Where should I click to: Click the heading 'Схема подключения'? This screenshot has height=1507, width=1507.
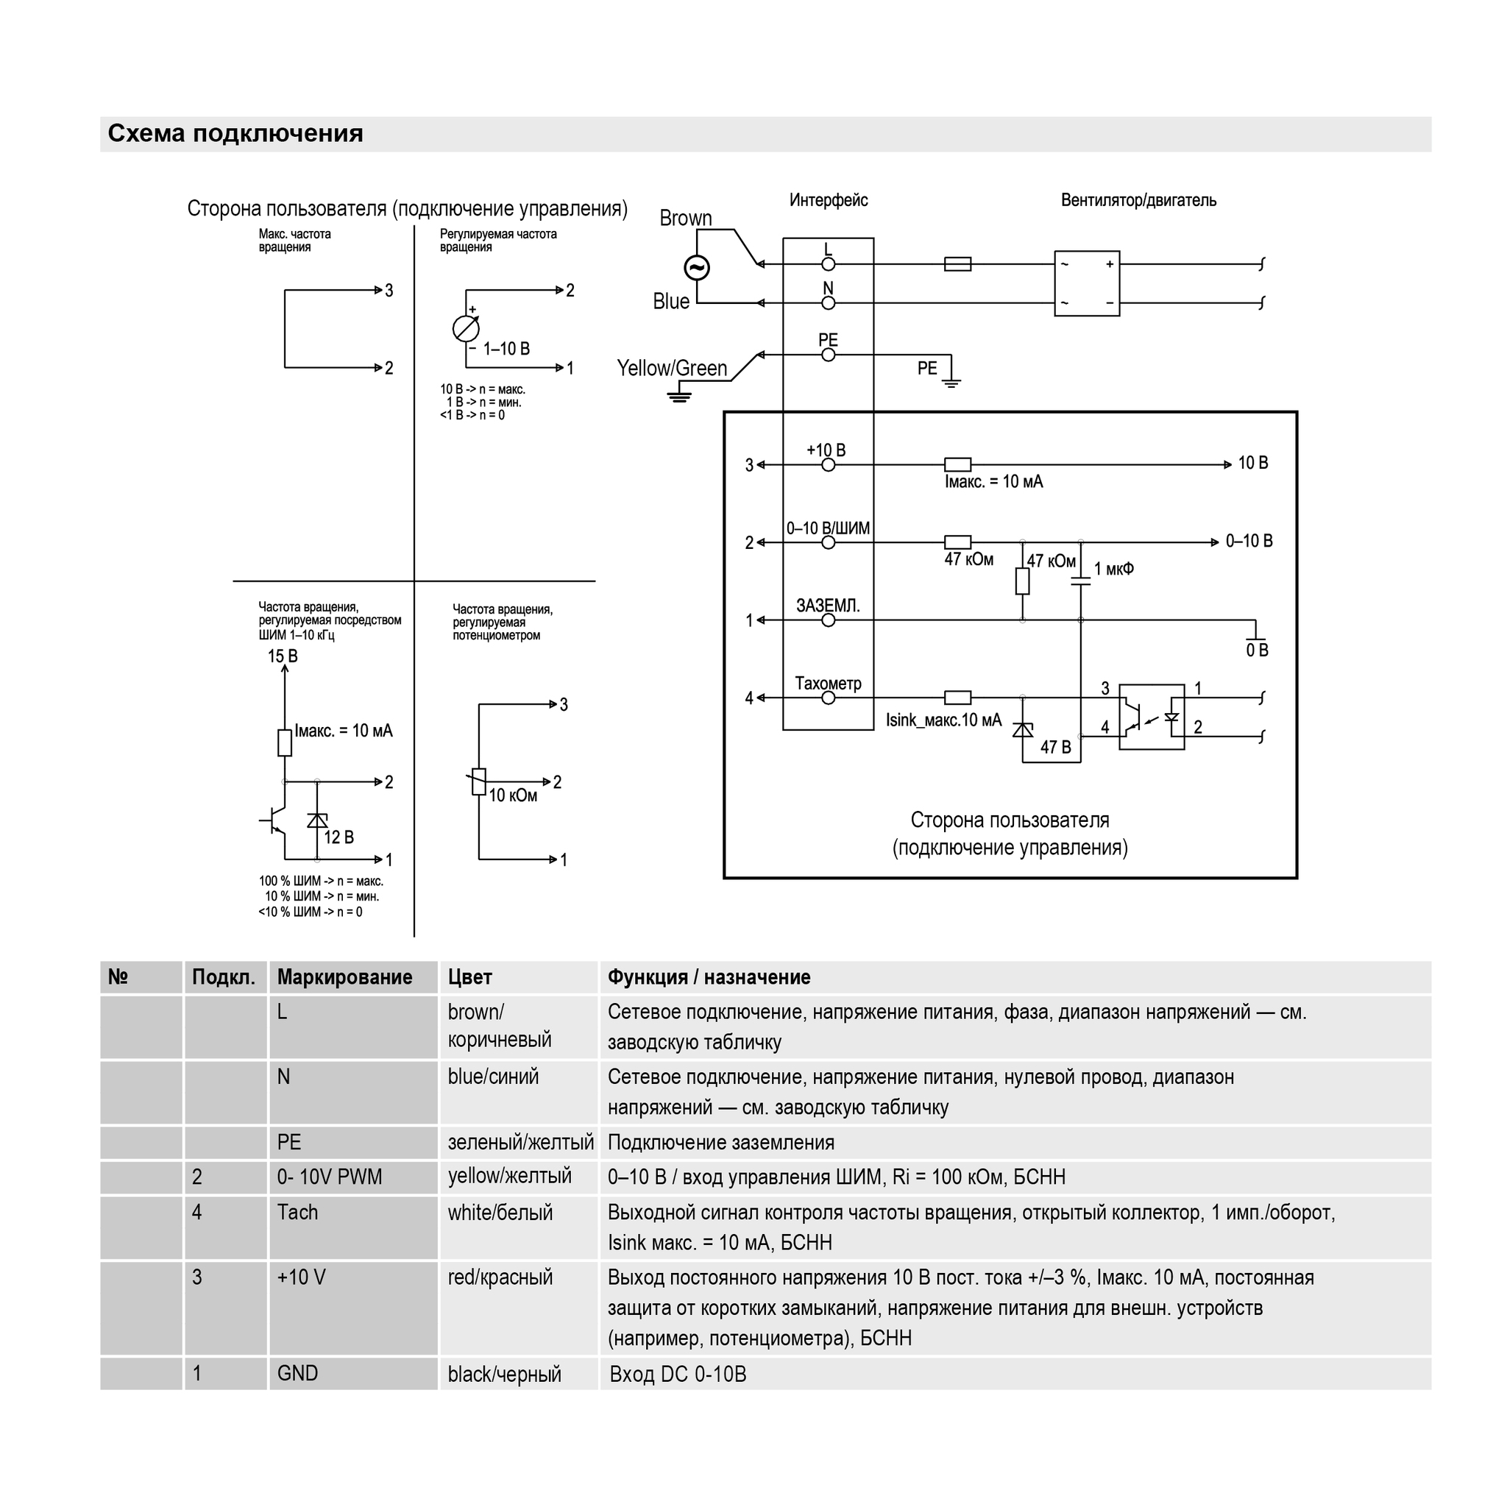235,133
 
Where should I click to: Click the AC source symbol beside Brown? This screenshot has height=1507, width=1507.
697,269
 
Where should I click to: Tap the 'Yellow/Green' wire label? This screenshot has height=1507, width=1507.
672,368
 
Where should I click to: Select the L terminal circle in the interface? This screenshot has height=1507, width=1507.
829,264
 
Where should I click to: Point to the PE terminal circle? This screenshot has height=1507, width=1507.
829,355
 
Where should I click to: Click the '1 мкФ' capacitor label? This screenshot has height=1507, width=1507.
1114,570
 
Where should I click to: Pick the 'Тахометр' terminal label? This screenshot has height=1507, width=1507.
828,684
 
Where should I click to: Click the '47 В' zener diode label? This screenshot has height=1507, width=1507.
1055,748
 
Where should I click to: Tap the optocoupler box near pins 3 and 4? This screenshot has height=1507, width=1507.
1152,717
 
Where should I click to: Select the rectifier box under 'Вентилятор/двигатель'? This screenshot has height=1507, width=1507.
1087,284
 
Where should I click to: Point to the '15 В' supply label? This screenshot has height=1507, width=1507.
283,656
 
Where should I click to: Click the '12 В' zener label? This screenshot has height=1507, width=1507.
338,837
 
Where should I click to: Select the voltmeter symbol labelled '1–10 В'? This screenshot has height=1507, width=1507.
466,329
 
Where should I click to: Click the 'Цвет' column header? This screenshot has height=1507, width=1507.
470,977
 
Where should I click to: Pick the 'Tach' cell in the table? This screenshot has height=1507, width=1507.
298,1212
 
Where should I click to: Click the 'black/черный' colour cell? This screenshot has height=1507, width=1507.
505,1375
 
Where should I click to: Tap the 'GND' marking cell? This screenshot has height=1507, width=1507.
298,1373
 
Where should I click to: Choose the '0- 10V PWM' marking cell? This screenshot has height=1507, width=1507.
330,1177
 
